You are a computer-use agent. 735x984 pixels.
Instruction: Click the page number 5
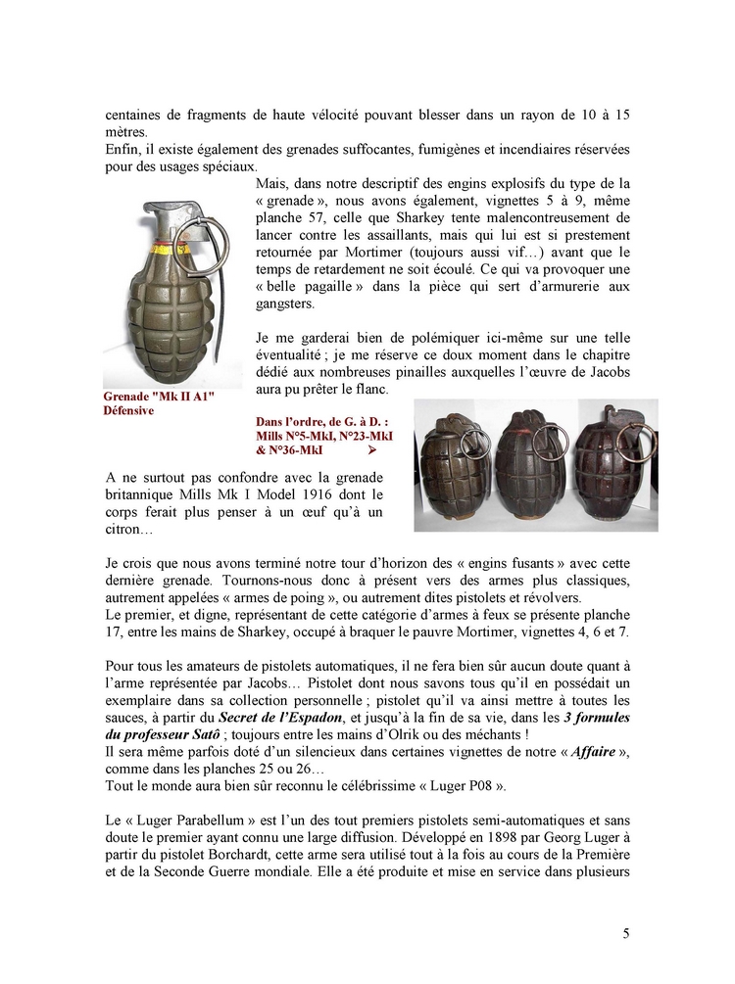(x=626, y=933)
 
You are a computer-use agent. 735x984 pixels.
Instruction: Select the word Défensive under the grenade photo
(x=128, y=411)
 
